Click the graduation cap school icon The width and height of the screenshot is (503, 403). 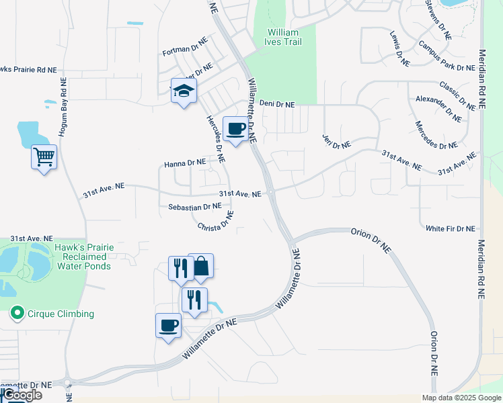pyautogui.click(x=183, y=91)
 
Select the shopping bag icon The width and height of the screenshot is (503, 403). pyautogui.click(x=200, y=267)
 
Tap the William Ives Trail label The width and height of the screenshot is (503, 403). pyautogui.click(x=284, y=37)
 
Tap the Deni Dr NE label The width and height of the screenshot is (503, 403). pyautogui.click(x=277, y=104)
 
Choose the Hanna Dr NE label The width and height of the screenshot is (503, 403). pyautogui.click(x=185, y=163)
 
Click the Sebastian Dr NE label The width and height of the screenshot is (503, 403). pyautogui.click(x=190, y=207)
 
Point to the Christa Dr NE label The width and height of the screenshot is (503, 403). pyautogui.click(x=216, y=221)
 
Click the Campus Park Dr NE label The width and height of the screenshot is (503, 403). pyautogui.click(x=446, y=56)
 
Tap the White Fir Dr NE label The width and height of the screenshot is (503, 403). pyautogui.click(x=450, y=228)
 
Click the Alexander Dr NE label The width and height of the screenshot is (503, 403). pyautogui.click(x=438, y=108)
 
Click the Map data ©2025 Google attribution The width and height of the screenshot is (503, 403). pyautogui.click(x=461, y=398)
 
